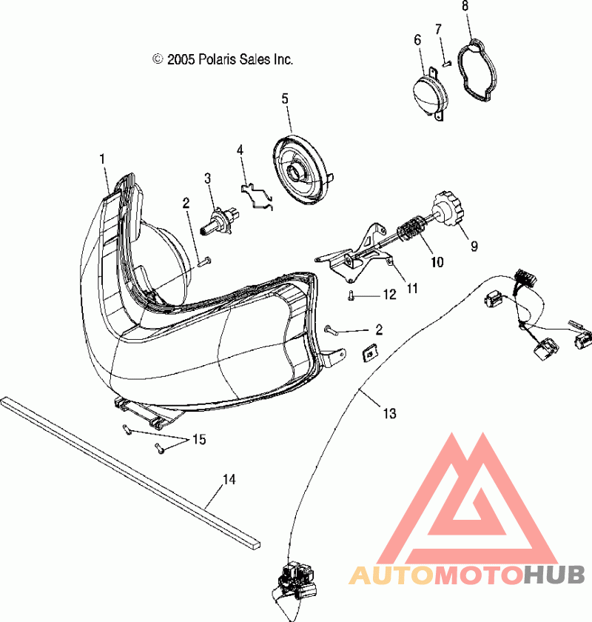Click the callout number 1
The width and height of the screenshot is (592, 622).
(x=102, y=159)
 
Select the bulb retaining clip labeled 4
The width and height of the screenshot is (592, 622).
(x=258, y=196)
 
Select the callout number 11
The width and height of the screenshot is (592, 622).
(x=412, y=288)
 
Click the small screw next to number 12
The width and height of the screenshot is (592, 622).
(x=351, y=295)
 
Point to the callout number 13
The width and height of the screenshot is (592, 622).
(x=389, y=413)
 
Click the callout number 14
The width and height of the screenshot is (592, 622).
(x=229, y=479)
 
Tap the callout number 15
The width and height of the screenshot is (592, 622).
(x=199, y=439)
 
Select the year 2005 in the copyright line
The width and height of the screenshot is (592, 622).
(x=181, y=59)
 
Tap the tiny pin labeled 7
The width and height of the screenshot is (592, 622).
(x=447, y=63)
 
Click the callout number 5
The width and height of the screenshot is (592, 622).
(x=285, y=98)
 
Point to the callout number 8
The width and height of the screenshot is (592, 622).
(x=465, y=6)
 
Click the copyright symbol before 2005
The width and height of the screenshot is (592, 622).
(x=158, y=58)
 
